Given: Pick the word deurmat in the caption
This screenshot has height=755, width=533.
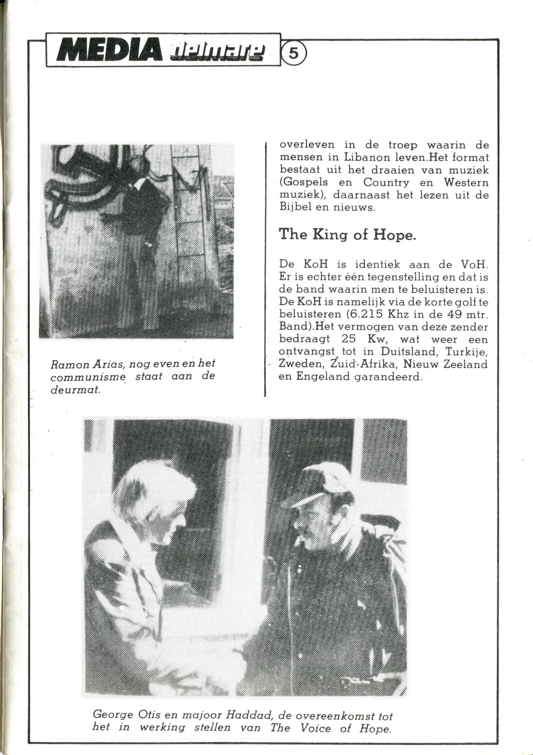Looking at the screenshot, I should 75,391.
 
